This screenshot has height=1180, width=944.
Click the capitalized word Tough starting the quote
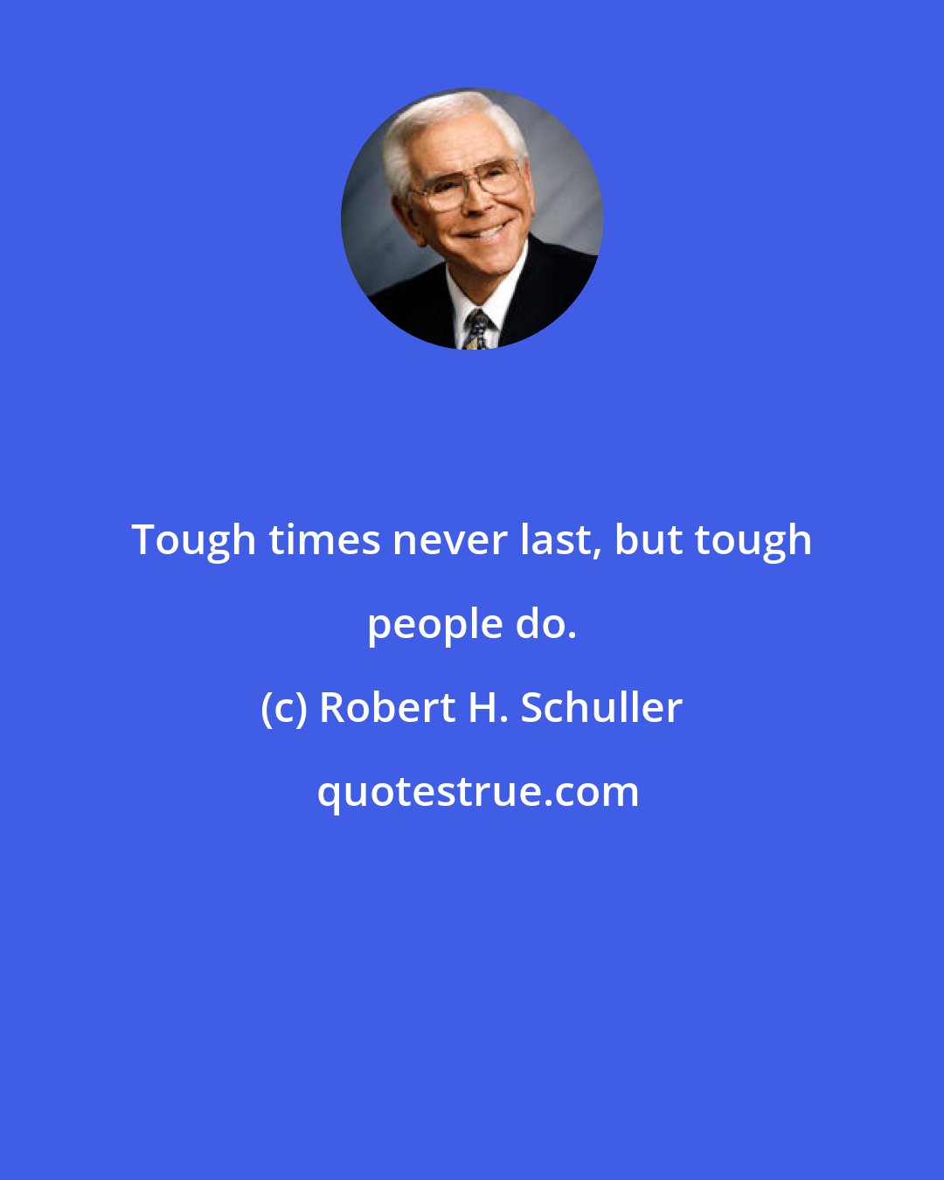click(194, 541)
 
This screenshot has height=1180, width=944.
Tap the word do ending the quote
click(543, 624)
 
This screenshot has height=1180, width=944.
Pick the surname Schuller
click(601, 708)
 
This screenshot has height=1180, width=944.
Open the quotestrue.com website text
click(477, 793)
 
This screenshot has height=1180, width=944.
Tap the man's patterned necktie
click(478, 330)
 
